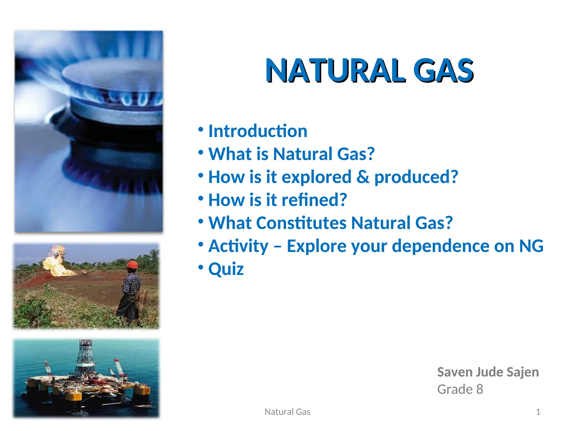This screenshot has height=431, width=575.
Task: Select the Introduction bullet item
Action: pyautogui.click(x=258, y=131)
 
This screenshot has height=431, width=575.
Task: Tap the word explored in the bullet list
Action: pyautogui.click(x=316, y=177)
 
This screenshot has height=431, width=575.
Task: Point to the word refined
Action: pyautogui.click(x=314, y=200)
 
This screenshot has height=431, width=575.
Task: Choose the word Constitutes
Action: pyautogui.click(x=301, y=223)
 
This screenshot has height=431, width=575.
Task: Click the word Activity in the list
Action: pyautogui.click(x=238, y=246)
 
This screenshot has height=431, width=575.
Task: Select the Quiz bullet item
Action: pyautogui.click(x=226, y=269)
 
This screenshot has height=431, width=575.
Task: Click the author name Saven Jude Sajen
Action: pyautogui.click(x=488, y=372)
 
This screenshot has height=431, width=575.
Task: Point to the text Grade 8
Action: pyautogui.click(x=460, y=389)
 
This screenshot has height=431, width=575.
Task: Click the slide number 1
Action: pyautogui.click(x=538, y=412)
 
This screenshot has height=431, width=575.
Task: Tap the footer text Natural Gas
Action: pyautogui.click(x=287, y=412)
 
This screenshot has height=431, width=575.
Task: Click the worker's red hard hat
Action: pyautogui.click(x=132, y=264)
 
